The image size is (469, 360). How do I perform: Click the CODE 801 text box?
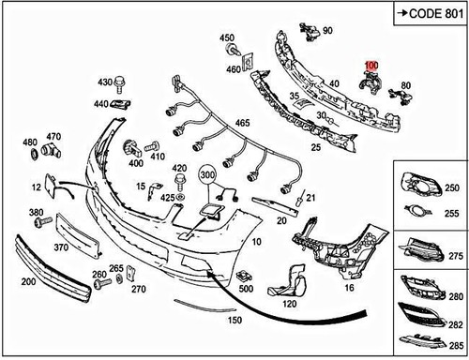click(431, 13)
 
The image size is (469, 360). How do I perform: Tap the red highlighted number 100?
click(371, 66)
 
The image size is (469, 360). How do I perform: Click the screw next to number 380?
click(43, 222)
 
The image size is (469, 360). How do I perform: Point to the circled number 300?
click(207, 175)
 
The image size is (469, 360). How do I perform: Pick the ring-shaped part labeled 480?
click(34, 154)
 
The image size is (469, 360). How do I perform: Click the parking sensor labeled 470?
click(52, 151)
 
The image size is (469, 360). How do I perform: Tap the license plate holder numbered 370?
click(78, 235)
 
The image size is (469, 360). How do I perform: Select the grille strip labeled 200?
click(53, 268)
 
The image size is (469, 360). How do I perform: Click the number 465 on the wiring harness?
click(243, 123)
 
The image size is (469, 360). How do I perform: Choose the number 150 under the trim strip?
click(234, 320)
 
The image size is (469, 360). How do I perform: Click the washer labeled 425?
click(180, 198)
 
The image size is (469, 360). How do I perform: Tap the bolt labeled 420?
click(180, 182)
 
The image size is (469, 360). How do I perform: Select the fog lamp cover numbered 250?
click(421, 185)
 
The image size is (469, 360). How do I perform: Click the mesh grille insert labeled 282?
click(421, 314)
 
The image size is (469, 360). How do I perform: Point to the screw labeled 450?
click(233, 50)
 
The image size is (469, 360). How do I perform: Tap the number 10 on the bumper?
click(256, 242)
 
